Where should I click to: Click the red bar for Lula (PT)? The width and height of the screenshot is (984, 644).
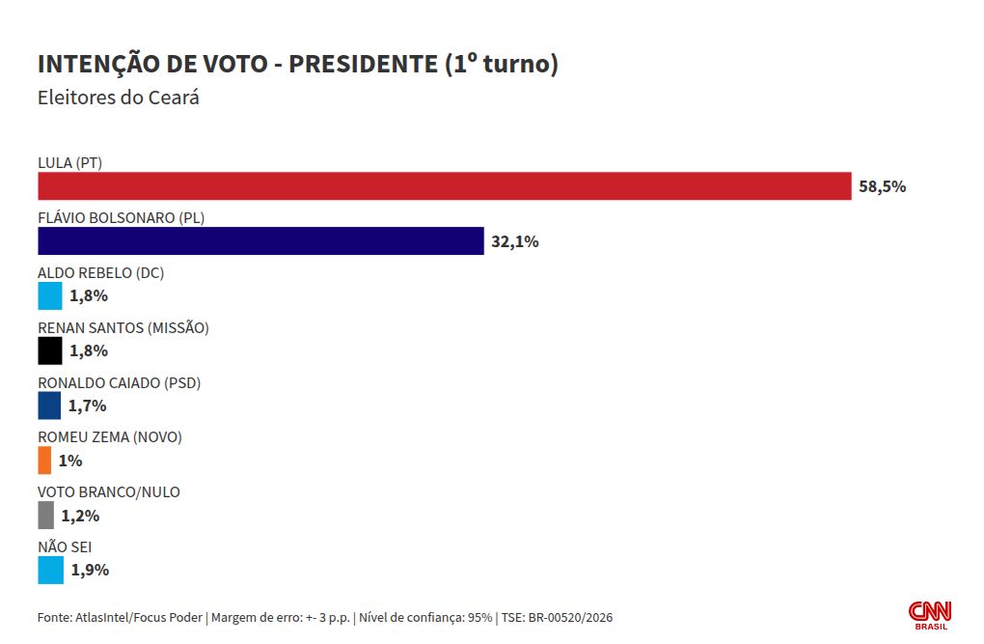coord(444,186)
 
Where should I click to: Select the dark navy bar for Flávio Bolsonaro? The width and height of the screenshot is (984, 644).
coord(260,241)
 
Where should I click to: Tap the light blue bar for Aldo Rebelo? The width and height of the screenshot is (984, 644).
coord(49,296)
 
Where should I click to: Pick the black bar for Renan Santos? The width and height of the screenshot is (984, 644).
coord(49,350)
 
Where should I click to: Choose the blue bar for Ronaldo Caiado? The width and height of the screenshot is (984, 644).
coord(49,406)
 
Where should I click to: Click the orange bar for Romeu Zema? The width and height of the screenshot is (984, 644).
coord(44,461)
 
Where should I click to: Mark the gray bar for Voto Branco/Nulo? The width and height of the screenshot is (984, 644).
coord(45,516)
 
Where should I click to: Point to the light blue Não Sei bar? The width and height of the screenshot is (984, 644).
coord(50,570)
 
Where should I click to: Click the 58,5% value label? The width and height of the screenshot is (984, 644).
coord(882,186)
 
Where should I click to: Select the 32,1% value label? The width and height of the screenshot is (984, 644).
coord(514,241)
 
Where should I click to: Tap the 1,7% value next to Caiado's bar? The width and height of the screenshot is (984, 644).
coord(87,406)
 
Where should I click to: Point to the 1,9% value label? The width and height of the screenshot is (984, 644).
coord(90,570)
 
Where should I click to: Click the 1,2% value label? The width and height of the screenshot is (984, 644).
coord(80,516)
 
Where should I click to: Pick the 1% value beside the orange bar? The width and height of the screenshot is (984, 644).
coord(70,461)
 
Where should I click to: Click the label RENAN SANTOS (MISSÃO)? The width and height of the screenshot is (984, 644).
coord(123,327)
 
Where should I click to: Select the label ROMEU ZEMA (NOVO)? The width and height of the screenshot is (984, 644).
coord(109,437)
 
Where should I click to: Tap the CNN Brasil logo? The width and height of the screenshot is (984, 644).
coord(930,615)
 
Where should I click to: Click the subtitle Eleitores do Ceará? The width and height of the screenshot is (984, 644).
coord(118,98)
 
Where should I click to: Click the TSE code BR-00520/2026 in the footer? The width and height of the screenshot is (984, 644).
coord(569,617)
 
